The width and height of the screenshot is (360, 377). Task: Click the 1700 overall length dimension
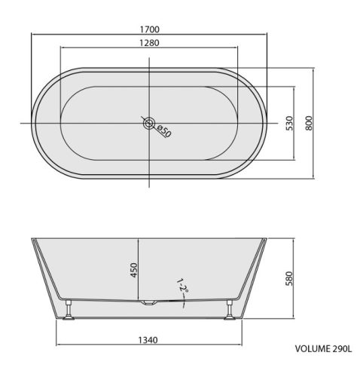click(x=150, y=29)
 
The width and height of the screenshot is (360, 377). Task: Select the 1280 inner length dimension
click(x=149, y=43)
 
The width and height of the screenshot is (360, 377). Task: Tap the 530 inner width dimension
click(x=289, y=123)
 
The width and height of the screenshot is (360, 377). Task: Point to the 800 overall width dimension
click(x=309, y=123)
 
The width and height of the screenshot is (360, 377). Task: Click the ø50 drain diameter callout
click(x=164, y=131)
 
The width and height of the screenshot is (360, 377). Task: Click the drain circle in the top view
click(x=149, y=123)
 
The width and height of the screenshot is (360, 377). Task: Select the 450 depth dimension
click(x=134, y=270)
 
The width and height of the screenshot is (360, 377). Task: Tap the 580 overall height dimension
click(x=289, y=278)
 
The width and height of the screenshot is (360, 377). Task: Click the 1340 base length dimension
click(x=148, y=340)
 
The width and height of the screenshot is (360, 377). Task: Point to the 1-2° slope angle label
click(x=183, y=287)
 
